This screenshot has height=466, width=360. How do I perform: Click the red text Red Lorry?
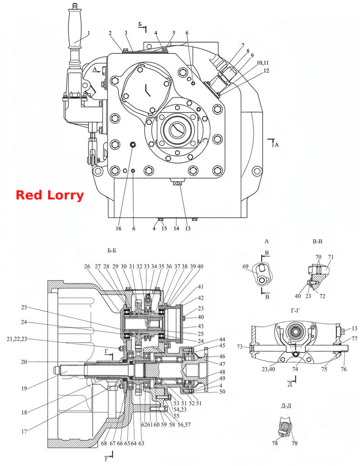click(50, 195)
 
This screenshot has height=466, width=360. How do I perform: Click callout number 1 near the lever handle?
click(88, 33)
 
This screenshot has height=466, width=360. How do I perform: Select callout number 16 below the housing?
click(118, 228)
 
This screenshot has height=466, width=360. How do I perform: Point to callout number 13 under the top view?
click(188, 228)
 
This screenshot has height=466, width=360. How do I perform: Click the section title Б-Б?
click(112, 251)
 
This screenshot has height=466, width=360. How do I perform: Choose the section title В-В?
click(317, 241)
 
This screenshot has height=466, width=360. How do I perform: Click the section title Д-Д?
click(286, 406)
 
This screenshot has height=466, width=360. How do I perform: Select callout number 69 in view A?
click(245, 266)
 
